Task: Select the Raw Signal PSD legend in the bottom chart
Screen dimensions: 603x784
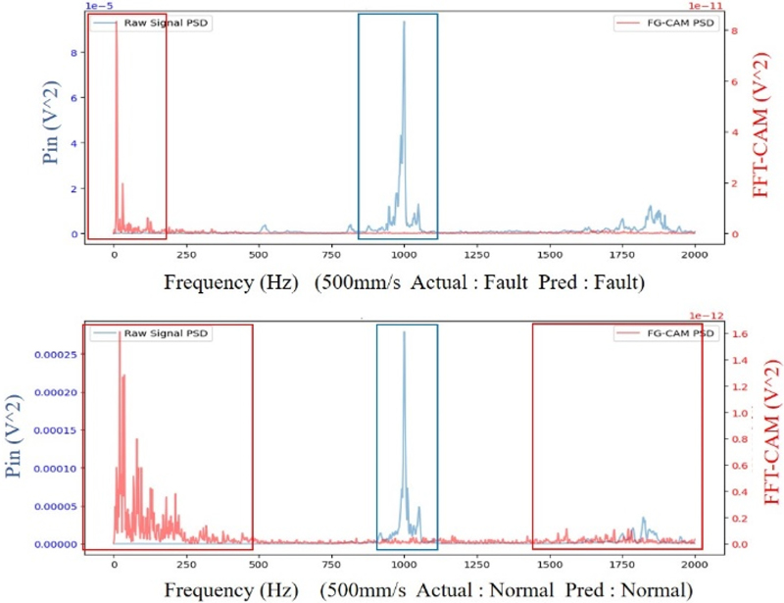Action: [152, 334]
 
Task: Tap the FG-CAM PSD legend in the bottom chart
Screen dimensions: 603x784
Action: [662, 334]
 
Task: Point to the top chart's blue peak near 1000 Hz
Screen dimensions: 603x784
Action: [403, 24]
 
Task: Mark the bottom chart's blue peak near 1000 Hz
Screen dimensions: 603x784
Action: [403, 333]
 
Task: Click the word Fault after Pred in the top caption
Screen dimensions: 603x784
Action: [614, 282]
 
